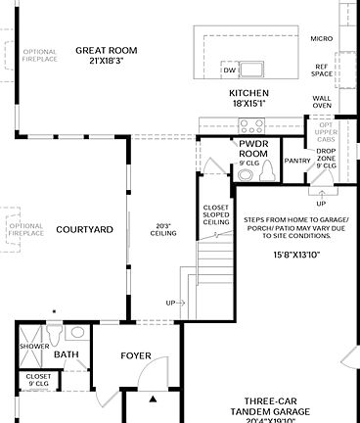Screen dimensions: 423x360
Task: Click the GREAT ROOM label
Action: point(107,50)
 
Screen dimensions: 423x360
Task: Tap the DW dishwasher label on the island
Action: point(229,70)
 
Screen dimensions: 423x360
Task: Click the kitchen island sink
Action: point(253,69)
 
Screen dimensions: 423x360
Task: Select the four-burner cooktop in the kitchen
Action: point(250,125)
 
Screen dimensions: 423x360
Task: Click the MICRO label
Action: point(321,38)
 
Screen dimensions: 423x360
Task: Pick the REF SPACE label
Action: point(321,70)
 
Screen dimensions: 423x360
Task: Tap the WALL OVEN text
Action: point(321,102)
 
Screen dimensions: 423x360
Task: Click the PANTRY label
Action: point(296,160)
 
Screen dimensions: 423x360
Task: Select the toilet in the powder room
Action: point(266,172)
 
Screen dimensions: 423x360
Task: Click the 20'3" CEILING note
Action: point(163,230)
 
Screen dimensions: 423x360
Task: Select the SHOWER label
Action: point(35,346)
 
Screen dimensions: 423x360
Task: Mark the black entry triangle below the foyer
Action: point(153,399)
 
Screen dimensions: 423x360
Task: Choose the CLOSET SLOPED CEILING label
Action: point(216,214)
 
